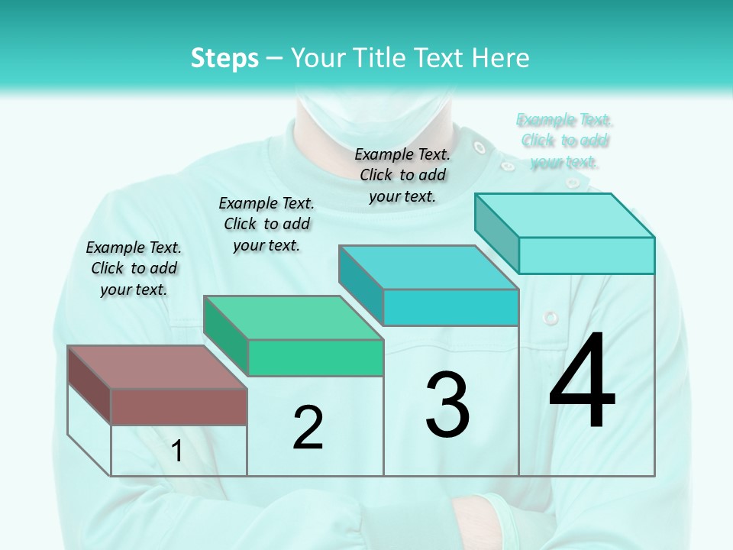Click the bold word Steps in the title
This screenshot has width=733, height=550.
(x=224, y=58)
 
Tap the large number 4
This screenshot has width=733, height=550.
(x=582, y=382)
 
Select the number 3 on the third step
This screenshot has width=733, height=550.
(x=447, y=405)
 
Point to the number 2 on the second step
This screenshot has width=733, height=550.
(x=308, y=428)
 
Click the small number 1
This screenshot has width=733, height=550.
(x=177, y=451)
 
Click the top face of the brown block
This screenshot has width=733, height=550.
(x=157, y=367)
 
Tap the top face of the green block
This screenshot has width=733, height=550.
(x=293, y=318)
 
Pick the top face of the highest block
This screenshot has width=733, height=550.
(x=565, y=215)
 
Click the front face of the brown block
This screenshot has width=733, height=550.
(x=179, y=406)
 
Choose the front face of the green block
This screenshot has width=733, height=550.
(x=315, y=357)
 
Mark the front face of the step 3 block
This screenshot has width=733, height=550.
(x=450, y=307)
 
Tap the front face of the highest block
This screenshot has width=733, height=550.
(x=586, y=255)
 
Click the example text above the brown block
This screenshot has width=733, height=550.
(x=134, y=268)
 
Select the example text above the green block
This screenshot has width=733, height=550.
(x=266, y=224)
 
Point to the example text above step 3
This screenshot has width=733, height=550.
(x=402, y=175)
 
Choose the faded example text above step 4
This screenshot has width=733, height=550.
(x=564, y=141)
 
